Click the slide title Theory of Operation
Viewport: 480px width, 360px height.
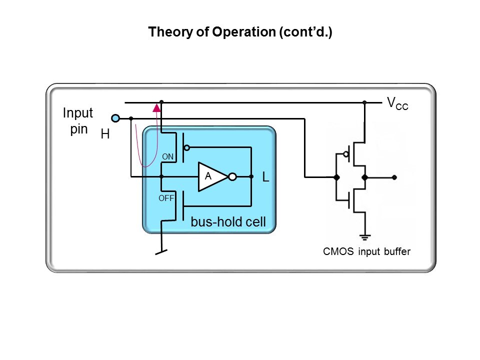(x=240, y=32)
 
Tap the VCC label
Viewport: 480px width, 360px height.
(x=397, y=103)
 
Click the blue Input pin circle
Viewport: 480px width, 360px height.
(x=115, y=118)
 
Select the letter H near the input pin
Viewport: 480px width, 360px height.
(x=105, y=134)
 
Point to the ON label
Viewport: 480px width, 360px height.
(x=167, y=156)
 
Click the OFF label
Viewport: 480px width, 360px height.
(x=166, y=198)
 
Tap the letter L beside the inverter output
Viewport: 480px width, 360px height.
(x=266, y=177)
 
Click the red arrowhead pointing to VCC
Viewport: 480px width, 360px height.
(x=157, y=106)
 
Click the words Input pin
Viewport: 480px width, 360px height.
(x=77, y=121)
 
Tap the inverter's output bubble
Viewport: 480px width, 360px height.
(x=231, y=176)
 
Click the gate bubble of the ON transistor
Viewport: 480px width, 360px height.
(x=187, y=147)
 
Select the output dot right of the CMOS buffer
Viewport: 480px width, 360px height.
(x=394, y=177)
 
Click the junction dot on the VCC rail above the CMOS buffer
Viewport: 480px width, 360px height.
(x=364, y=102)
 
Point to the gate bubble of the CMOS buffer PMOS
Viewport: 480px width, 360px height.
(x=346, y=154)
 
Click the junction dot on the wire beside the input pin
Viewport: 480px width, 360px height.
(x=131, y=118)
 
